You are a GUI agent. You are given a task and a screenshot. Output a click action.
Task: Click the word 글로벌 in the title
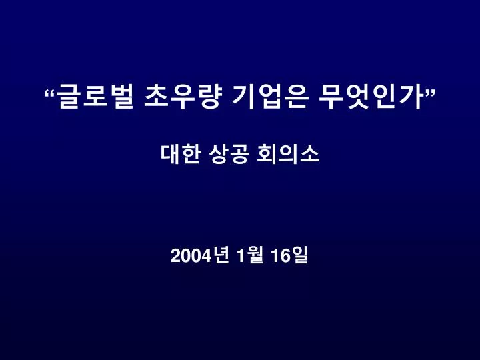(x=95, y=97)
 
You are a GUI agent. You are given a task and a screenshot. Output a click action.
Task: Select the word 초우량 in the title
(x=182, y=97)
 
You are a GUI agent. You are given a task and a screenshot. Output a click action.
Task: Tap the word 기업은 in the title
(x=269, y=97)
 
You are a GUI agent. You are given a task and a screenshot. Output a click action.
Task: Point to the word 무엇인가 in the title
(x=371, y=97)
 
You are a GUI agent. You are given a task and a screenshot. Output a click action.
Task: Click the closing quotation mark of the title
(x=430, y=93)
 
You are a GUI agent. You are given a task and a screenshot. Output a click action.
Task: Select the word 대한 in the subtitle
(x=181, y=154)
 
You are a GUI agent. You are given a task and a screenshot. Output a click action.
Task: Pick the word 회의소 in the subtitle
(x=289, y=154)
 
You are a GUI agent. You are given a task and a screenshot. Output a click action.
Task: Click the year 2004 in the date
(x=191, y=256)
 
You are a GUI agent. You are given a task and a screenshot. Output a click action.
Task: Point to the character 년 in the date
(x=221, y=255)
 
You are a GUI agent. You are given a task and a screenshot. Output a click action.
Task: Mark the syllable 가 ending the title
(x=413, y=97)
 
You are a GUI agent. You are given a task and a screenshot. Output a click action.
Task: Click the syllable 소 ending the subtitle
(x=310, y=154)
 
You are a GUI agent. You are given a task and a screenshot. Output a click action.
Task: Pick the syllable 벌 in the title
(x=122, y=97)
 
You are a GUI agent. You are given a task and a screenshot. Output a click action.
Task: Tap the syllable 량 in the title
(x=209, y=97)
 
